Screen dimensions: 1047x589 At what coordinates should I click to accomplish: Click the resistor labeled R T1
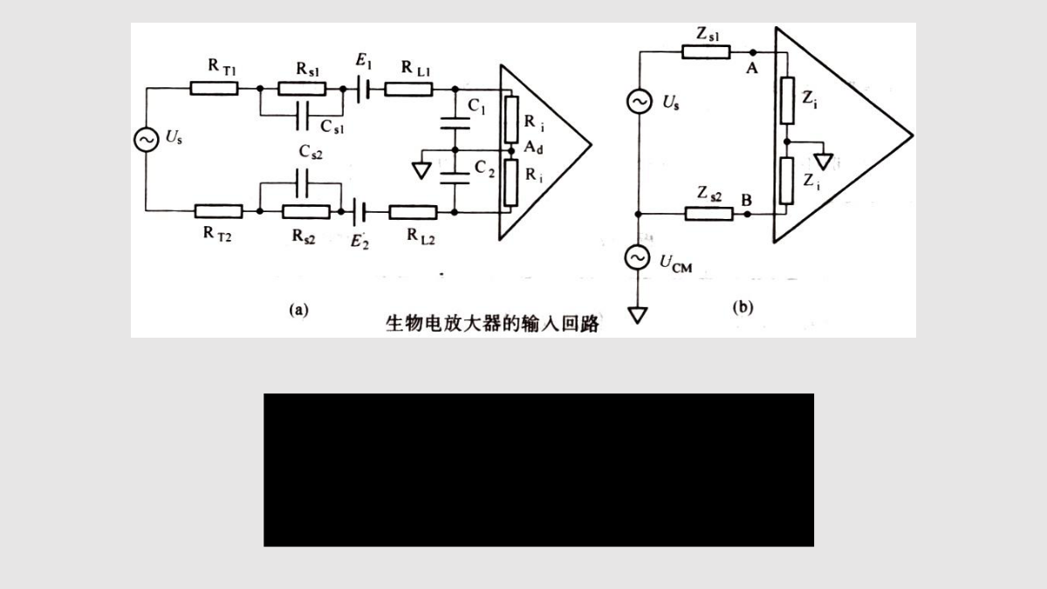point(214,88)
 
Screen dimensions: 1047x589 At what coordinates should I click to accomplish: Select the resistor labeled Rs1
point(302,88)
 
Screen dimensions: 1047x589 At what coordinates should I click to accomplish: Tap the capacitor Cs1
point(303,115)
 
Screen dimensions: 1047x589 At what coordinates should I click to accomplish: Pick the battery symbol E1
point(364,89)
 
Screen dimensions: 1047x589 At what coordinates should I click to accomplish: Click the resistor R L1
point(408,89)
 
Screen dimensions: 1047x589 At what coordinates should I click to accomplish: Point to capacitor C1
point(455,123)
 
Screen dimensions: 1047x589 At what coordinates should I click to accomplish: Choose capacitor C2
point(455,178)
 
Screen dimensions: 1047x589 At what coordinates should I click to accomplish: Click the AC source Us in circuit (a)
point(147,140)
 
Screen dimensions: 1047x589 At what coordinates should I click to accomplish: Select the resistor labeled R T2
point(218,211)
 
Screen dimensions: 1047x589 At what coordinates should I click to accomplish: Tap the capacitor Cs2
point(302,183)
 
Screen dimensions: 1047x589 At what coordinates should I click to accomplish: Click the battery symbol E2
point(359,212)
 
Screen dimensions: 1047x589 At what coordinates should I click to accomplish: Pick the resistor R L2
point(414,212)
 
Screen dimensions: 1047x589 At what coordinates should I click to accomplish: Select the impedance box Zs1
point(706,51)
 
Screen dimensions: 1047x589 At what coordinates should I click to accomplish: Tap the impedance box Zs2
point(709,214)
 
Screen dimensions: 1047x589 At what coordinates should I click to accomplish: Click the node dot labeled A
point(752,52)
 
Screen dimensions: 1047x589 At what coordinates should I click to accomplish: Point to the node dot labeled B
point(748,214)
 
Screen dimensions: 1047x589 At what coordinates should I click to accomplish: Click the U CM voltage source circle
point(638,257)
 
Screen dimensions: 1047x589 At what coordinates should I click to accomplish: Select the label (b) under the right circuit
point(743,307)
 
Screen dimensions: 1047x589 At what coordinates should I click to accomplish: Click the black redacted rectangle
point(539,469)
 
